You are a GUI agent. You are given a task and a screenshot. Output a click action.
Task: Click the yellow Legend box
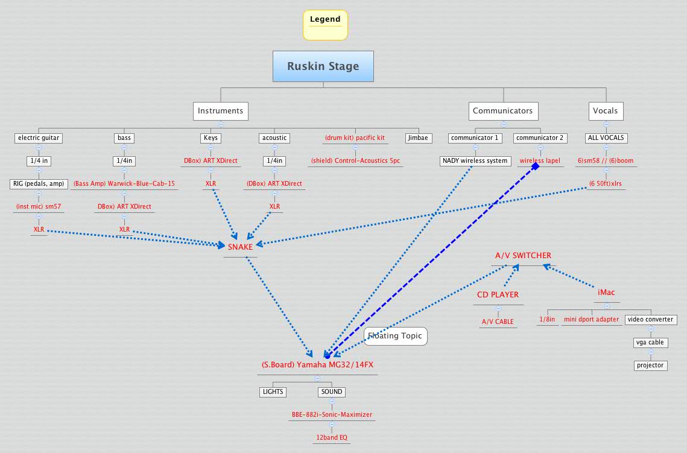coord(325,25)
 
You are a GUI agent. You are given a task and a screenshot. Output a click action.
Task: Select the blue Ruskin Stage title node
coord(323,66)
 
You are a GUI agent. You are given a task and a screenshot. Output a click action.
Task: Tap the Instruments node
coord(220,111)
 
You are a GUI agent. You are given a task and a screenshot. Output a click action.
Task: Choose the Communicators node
coord(502,111)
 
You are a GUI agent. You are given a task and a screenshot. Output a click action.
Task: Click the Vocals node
coord(605,111)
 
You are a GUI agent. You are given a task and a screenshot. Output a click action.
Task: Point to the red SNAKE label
coord(240,247)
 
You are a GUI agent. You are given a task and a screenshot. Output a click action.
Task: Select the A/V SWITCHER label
coord(523,256)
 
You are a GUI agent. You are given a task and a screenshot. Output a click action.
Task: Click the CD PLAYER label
coord(498,295)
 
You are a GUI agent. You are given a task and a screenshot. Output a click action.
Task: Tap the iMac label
coord(606,293)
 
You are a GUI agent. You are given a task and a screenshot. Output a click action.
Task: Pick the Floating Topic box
coord(395,336)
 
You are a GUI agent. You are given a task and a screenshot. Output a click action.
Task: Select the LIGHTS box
coord(272,392)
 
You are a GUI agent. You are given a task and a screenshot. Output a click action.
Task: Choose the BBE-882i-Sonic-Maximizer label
coord(332,415)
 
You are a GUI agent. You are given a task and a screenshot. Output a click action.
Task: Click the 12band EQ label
coord(332,437)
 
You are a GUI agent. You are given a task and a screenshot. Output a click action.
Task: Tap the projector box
coord(651,365)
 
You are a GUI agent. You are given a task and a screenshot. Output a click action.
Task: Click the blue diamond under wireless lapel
coord(535,166)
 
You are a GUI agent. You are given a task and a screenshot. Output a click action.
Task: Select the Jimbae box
coord(417,138)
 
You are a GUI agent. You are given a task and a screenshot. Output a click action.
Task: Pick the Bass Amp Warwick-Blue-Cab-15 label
coord(124,183)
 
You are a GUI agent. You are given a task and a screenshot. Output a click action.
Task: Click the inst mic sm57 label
coord(39,206)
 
